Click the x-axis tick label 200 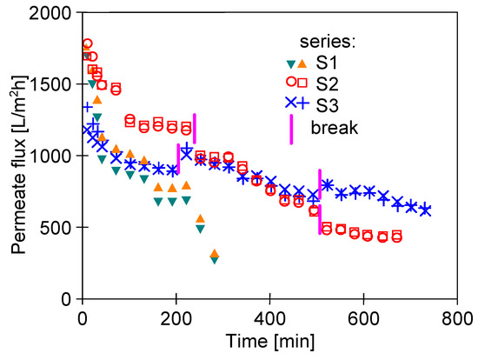(x=175, y=318)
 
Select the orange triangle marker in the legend (x=302, y=63)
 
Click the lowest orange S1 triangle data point (x=214, y=254)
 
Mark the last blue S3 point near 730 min (x=424, y=210)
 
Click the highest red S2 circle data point (x=87, y=43)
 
